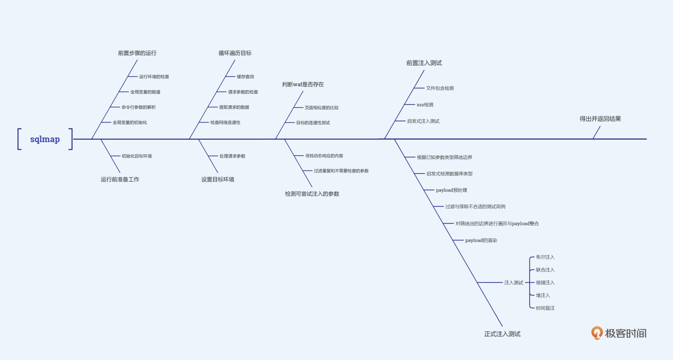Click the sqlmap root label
coord(45,139)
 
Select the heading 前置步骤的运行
coord(137,53)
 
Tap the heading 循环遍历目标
coord(235,53)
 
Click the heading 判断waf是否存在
coord(303,84)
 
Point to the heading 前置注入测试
coord(424,63)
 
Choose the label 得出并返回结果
coord(600,119)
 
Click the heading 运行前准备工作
coord(120,179)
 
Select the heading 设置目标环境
coord(218,179)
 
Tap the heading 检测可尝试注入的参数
coord(312,194)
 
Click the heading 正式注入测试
coord(502,334)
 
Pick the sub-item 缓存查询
coord(245,76)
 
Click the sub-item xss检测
coord(425,105)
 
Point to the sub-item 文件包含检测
coord(440,88)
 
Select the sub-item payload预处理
coord(451,190)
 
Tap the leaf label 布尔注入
coord(545,257)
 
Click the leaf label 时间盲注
coord(545,308)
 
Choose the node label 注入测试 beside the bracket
coord(514,283)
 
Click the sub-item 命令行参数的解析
coord(139,107)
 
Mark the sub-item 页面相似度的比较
coord(322,108)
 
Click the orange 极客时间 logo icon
coord(597,333)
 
